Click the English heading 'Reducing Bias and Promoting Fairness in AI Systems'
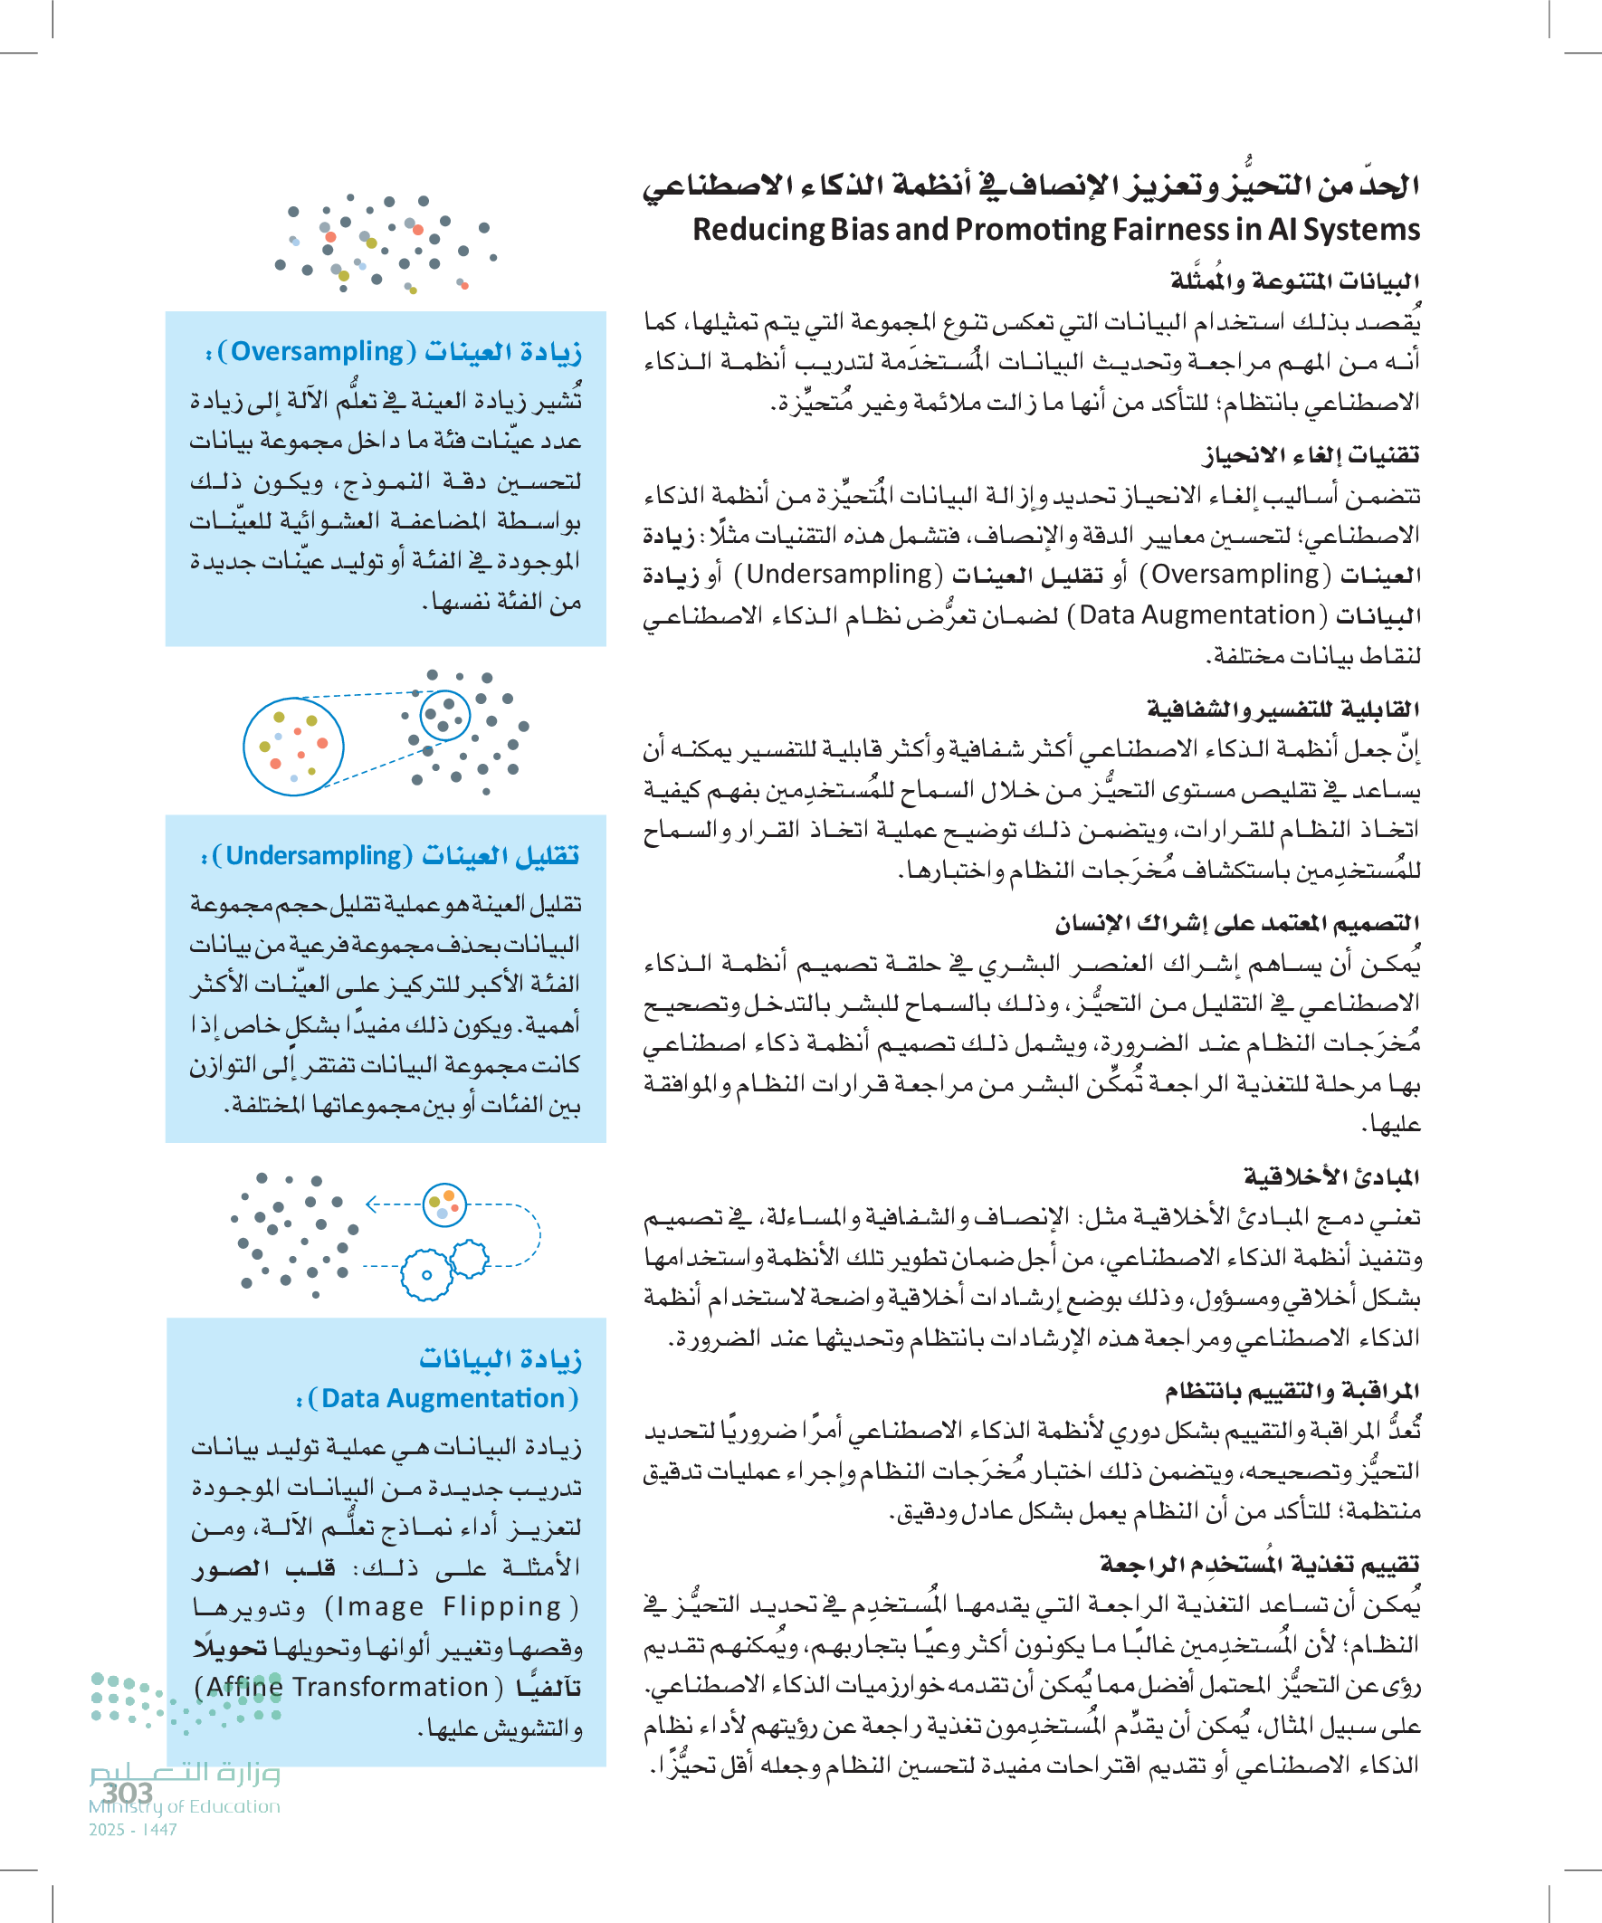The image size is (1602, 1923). click(1055, 229)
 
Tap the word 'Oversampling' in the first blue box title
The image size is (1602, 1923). click(317, 352)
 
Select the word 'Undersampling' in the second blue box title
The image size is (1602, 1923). click(313, 855)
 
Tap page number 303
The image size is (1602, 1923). click(128, 1792)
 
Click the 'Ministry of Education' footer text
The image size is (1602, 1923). click(184, 1806)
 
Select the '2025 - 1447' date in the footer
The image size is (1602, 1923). click(133, 1830)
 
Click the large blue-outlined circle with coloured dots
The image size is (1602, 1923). click(293, 747)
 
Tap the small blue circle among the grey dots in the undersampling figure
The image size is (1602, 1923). click(445, 715)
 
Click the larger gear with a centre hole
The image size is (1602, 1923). click(427, 1275)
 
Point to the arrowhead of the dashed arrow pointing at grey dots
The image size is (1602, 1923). click(370, 1204)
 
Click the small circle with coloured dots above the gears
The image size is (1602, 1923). click(445, 1204)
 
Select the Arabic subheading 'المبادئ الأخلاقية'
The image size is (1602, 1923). click(1330, 1176)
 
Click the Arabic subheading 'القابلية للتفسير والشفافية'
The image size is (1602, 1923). click(1283, 709)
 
